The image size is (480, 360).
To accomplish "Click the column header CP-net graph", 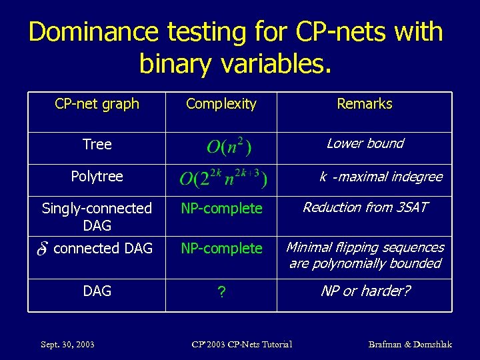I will coord(97,104).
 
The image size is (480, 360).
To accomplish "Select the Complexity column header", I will coord(221,104).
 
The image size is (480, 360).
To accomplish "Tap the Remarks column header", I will coord(365,104).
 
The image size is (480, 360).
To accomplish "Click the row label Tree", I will coord(97,145).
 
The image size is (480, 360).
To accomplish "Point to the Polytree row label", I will coord(97,177).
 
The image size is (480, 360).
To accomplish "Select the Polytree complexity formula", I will coord(223,179).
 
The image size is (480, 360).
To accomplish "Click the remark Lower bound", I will coord(365,143).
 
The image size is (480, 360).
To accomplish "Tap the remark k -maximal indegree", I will coord(381,177).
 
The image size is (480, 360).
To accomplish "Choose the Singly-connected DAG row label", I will coord(97,217).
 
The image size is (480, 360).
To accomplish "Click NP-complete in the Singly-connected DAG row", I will coord(222,209).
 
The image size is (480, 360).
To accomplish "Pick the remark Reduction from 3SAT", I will coord(365,207).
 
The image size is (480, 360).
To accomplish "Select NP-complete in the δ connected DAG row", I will coord(222,249).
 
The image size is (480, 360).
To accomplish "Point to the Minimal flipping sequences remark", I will coord(365,255).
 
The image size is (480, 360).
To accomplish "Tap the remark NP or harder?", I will coord(365,291).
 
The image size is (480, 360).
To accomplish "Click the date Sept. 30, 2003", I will coord(67,345).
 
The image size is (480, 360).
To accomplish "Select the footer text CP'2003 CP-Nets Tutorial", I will coord(241,345).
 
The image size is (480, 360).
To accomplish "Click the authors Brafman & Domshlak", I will coord(410,345).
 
